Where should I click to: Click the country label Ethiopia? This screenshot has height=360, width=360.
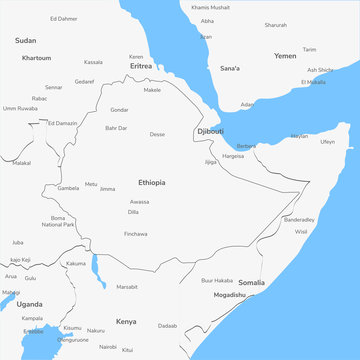tap(152, 183)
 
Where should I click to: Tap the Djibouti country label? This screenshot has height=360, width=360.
tap(210, 131)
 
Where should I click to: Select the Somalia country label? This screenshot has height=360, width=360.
tap(252, 283)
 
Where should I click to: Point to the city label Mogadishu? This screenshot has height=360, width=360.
tap(229, 295)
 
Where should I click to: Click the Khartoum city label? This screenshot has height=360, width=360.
tap(36, 58)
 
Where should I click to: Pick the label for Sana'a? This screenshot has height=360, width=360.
tap(230, 68)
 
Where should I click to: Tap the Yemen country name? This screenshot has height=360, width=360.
tap(285, 56)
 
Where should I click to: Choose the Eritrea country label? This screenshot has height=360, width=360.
tap(141, 67)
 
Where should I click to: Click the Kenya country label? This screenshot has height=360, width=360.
tap(126, 321)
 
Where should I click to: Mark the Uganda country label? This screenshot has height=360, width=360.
tap(28, 303)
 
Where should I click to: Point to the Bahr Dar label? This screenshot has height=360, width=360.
tap(116, 128)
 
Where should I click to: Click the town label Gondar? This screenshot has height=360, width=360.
tap(119, 109)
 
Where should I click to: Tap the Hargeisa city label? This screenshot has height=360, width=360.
tap(233, 156)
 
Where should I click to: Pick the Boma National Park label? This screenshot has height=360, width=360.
tap(58, 221)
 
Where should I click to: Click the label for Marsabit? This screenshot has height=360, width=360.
tap(127, 286)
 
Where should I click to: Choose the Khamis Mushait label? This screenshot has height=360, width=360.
tap(210, 7)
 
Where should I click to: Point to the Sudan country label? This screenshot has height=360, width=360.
tap(26, 40)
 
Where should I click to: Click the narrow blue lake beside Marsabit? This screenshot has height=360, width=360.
tap(94, 268)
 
